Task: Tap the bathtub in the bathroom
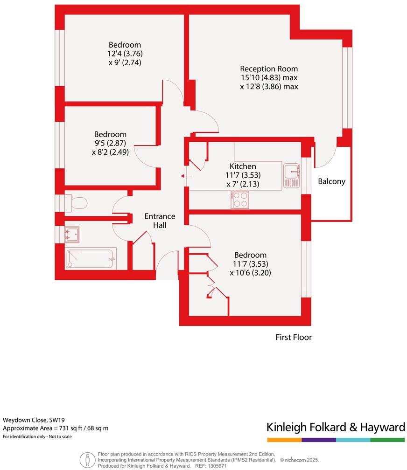(x=91, y=258)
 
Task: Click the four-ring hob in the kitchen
(x=240, y=200)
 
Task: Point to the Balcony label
(x=331, y=181)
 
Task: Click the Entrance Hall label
(x=160, y=221)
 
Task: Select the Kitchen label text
(x=243, y=166)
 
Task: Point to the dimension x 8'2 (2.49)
(x=110, y=151)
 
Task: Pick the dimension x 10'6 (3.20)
(x=250, y=273)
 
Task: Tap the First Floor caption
(x=293, y=337)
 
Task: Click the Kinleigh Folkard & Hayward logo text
(x=335, y=427)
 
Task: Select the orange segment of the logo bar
(x=284, y=440)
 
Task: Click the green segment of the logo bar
(x=387, y=440)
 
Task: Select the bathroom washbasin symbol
(x=72, y=234)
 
